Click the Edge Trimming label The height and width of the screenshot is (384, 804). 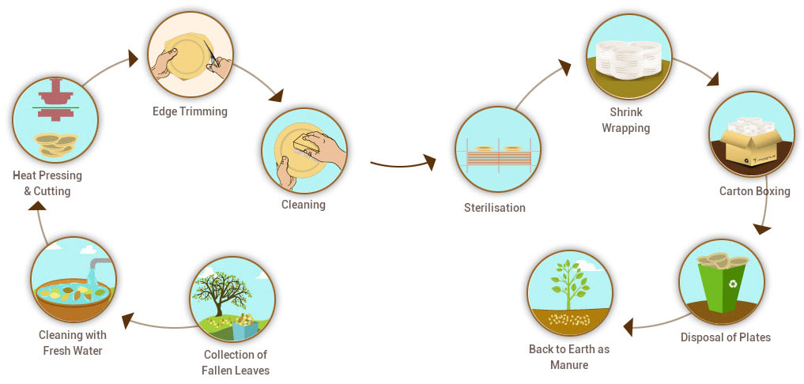[190, 111]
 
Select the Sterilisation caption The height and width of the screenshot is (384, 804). [495, 208]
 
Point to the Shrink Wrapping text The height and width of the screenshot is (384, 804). [625, 120]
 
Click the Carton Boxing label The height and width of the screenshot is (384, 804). [754, 191]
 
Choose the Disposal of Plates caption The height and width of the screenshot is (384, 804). [725, 337]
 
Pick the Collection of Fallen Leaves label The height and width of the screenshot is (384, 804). [236, 362]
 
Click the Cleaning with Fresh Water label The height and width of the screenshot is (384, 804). [72, 343]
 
